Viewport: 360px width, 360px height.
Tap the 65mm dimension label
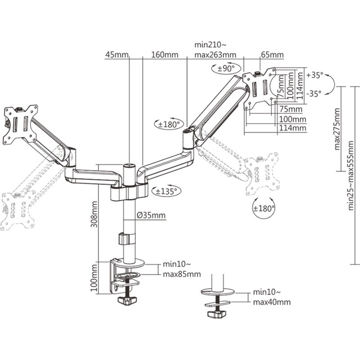pos(272,55)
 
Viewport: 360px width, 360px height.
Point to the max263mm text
pos(215,55)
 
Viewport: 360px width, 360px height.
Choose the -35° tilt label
pos(314,94)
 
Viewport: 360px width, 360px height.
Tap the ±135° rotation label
pos(165,191)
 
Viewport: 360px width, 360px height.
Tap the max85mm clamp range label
pos(182,274)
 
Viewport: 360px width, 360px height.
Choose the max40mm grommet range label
pos(271,302)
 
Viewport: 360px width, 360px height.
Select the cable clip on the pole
pos(127,238)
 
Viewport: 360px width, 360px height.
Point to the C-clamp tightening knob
pos(127,300)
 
